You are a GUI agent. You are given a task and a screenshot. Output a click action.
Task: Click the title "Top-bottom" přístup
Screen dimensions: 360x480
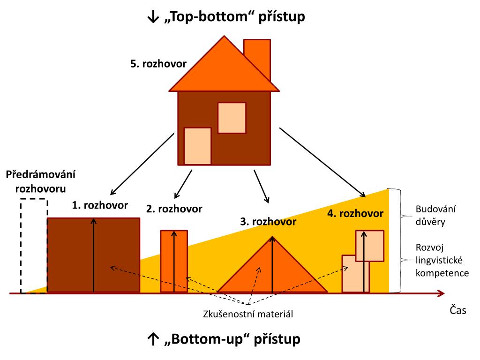tap(226, 17)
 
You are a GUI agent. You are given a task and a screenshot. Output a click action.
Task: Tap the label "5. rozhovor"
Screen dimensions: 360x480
tap(158, 63)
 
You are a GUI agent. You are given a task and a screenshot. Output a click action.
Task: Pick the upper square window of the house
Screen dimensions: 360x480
tap(232, 118)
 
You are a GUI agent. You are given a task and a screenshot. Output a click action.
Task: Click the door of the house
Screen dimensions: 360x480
tap(197, 145)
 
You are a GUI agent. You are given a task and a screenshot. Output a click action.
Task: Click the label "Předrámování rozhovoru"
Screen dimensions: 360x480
tap(41, 182)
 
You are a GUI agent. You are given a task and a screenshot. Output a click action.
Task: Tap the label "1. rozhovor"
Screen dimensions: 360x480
tap(94, 205)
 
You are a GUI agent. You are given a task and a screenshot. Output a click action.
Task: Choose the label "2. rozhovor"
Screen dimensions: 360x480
tap(174, 209)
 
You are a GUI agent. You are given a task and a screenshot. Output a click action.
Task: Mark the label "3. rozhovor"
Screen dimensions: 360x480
tap(268, 221)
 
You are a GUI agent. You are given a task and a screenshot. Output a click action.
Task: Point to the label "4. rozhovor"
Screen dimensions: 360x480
tap(355, 214)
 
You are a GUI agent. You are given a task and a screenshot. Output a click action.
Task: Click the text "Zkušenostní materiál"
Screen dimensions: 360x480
tap(248, 314)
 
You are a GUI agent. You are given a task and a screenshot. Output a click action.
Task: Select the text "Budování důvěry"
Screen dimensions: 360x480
tap(430, 215)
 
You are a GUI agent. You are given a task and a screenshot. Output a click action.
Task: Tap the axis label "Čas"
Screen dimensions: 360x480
tap(458, 310)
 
